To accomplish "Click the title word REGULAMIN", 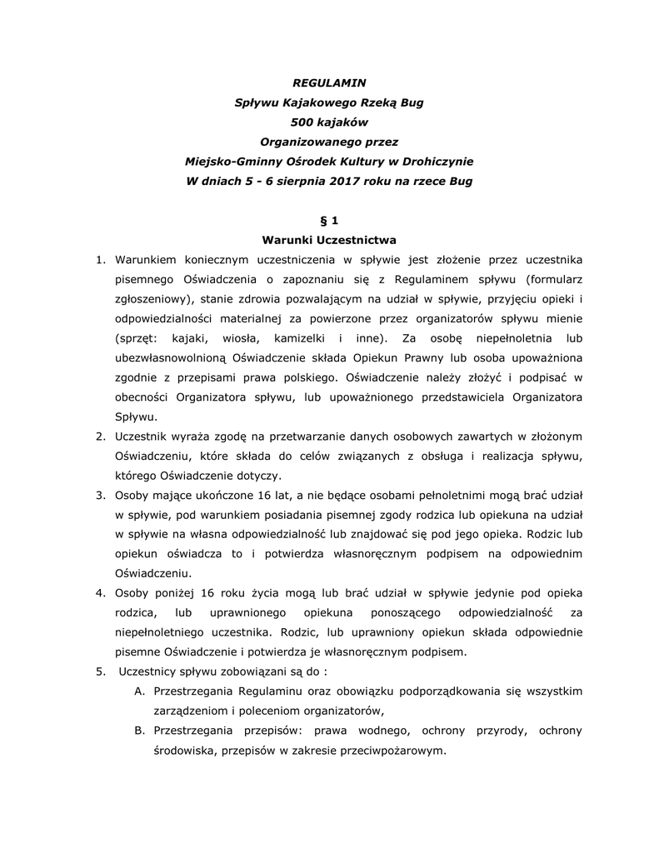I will (x=329, y=83).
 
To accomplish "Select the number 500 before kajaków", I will (x=291, y=122).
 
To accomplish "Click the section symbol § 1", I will (x=329, y=221).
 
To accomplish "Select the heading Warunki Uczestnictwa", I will (x=329, y=240).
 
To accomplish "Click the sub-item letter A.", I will (x=139, y=691).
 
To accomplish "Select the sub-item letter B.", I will (x=139, y=731).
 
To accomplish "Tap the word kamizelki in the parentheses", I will (x=297, y=338).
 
